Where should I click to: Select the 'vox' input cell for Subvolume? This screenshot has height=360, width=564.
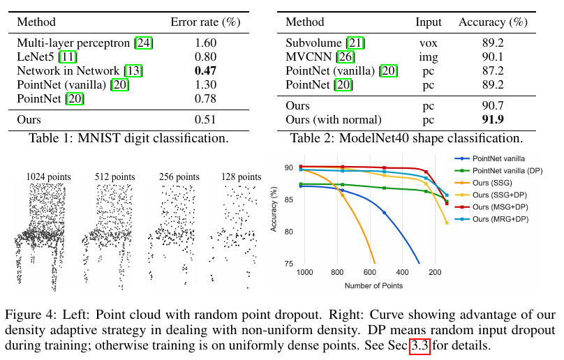(x=428, y=43)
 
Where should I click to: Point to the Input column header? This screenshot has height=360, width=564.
(x=428, y=22)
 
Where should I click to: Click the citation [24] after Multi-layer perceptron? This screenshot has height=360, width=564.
(x=144, y=43)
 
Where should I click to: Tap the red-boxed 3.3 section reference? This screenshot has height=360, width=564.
(x=419, y=344)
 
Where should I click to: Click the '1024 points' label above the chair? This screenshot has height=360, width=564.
(x=48, y=177)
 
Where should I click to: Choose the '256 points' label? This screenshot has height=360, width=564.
(x=175, y=177)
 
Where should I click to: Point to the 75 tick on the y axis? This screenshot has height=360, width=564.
(x=288, y=263)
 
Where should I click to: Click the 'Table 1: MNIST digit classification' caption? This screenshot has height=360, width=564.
(x=128, y=137)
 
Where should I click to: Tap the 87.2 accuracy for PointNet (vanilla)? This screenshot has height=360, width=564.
(x=493, y=70)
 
